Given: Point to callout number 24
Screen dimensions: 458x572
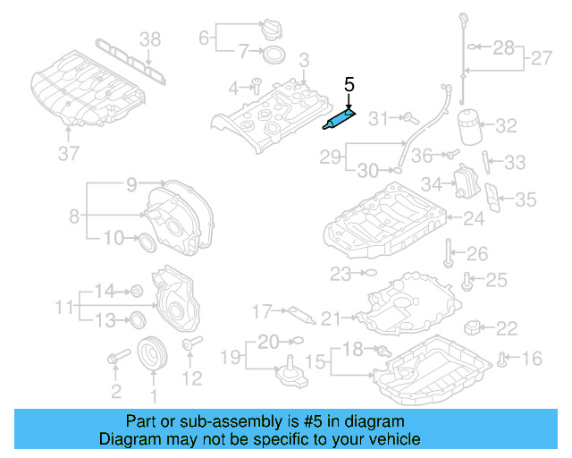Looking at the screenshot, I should click(x=473, y=218).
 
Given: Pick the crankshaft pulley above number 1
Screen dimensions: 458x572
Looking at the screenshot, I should click(x=153, y=352).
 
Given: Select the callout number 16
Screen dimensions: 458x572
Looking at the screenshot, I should click(x=532, y=359).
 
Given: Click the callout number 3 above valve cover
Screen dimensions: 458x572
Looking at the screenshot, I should click(x=303, y=61).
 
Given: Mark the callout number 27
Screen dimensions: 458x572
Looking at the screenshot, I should click(x=542, y=59).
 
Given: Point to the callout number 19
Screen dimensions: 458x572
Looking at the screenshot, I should click(x=230, y=358).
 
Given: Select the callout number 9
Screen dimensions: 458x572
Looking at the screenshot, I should click(x=131, y=185).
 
